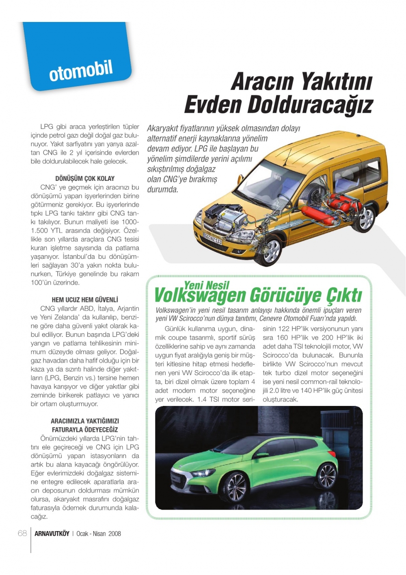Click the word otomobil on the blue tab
click(x=81, y=71)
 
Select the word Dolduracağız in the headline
click(x=310, y=104)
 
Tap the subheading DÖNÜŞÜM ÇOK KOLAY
click(x=85, y=178)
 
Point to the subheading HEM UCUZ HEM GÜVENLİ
click(x=85, y=299)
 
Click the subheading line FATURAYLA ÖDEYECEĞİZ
click(x=85, y=430)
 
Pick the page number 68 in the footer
click(x=22, y=534)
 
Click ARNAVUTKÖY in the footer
click(x=52, y=534)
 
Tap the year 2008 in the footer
click(x=114, y=534)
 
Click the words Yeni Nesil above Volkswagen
click(x=207, y=285)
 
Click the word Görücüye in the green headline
click(x=284, y=295)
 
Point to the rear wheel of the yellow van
click(x=367, y=218)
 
